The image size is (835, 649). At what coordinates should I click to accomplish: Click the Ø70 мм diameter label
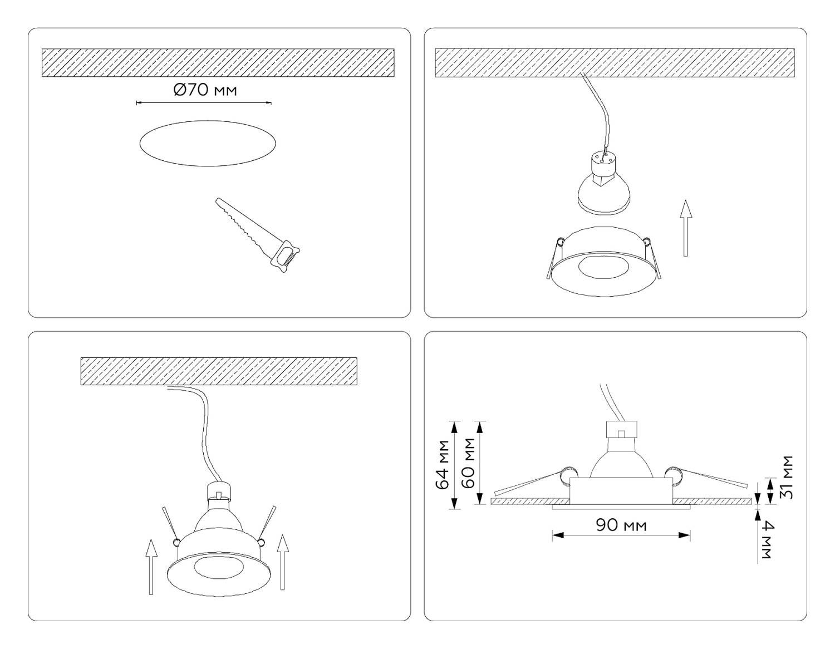click(205, 90)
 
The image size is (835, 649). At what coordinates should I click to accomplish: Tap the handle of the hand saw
click(286, 256)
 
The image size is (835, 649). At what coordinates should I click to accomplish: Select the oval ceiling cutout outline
click(208, 143)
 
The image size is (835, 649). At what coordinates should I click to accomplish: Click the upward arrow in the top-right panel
click(685, 228)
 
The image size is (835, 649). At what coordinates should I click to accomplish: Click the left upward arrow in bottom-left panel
click(151, 567)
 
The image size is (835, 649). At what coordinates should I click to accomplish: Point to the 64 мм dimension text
click(443, 465)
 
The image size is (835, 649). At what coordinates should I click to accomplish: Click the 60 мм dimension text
click(468, 463)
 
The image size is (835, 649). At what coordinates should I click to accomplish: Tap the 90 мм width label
click(621, 525)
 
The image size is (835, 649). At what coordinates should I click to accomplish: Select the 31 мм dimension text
click(786, 478)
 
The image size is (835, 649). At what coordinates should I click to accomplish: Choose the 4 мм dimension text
click(765, 539)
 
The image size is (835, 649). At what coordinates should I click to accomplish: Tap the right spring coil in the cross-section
click(673, 475)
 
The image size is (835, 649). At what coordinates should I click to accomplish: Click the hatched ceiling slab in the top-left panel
click(218, 62)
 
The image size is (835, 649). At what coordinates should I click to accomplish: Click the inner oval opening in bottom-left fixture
click(214, 568)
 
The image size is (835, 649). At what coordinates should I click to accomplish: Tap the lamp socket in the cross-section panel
click(621, 430)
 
